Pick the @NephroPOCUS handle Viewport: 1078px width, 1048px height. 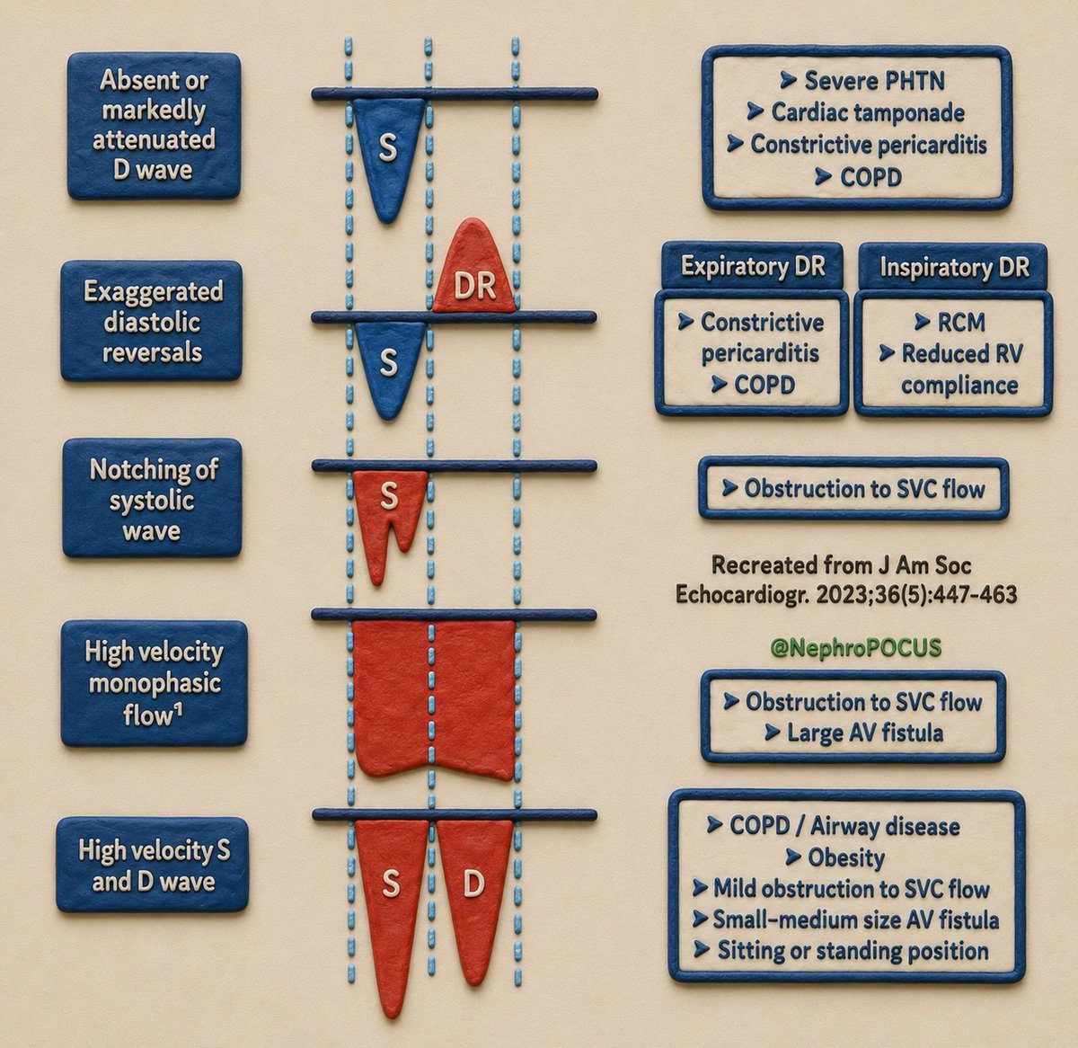[x=855, y=647]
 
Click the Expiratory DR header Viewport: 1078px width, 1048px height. [x=753, y=266]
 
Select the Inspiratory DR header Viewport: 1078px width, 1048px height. [x=954, y=267]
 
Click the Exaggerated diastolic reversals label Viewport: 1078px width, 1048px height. [x=152, y=321]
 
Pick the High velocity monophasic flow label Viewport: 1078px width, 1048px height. [x=154, y=683]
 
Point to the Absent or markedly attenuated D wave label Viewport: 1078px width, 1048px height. [x=154, y=125]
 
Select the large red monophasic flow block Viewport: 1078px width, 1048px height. [x=434, y=699]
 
